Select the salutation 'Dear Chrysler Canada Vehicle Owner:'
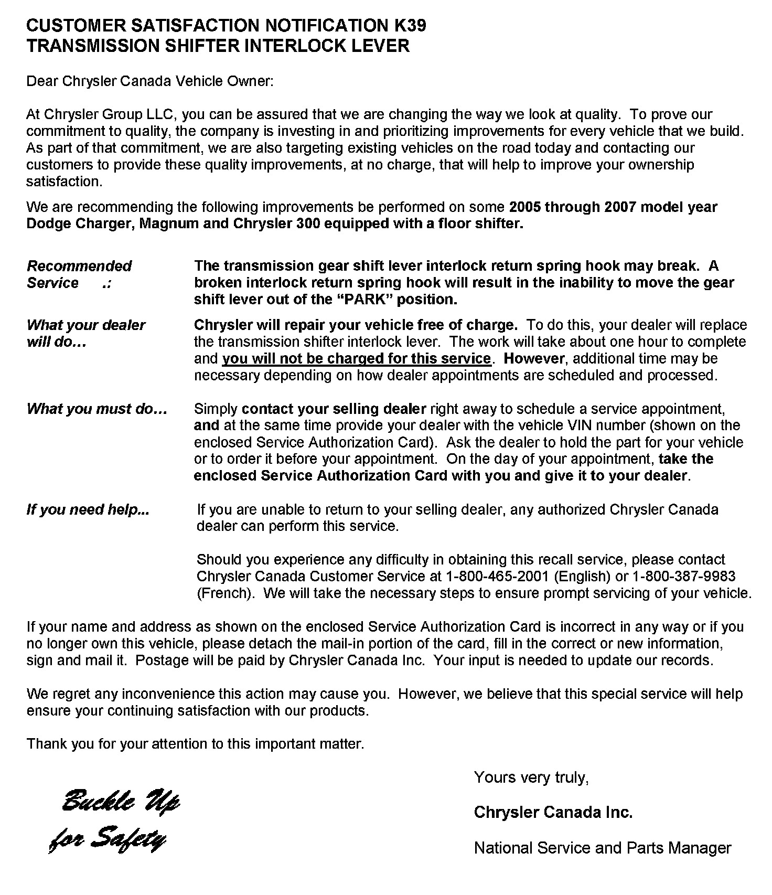point(150,81)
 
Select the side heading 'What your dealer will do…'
point(85,334)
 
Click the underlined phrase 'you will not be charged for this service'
point(357,359)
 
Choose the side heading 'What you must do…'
point(97,409)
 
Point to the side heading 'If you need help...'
point(88,509)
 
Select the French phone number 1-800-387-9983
point(684,577)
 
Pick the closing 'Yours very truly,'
point(531,777)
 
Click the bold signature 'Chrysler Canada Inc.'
point(553,813)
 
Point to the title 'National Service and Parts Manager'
point(602,848)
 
